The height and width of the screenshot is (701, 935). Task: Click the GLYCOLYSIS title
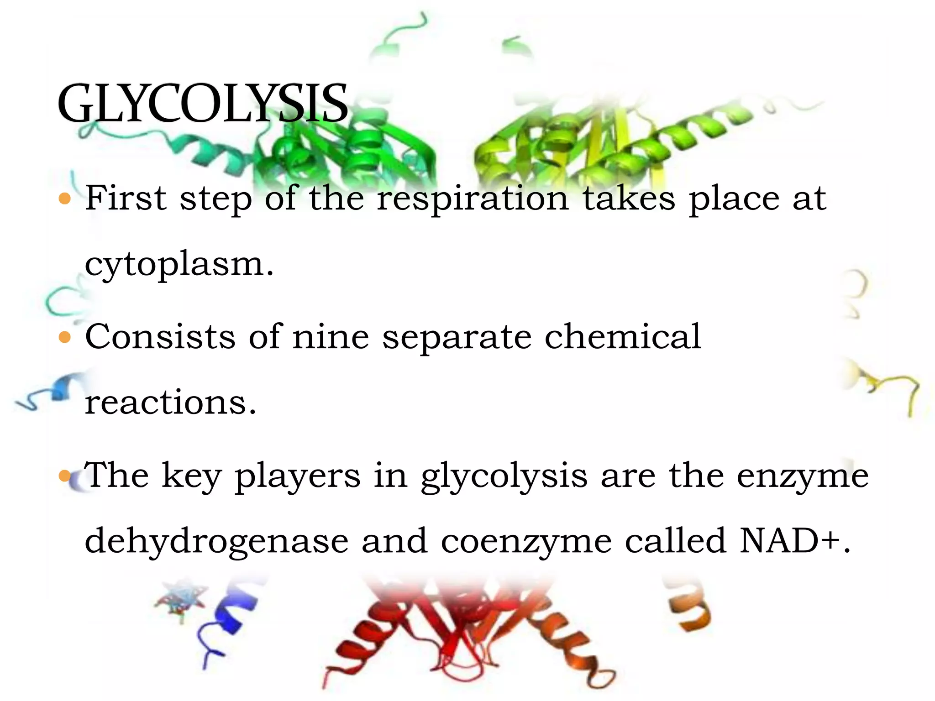(203, 104)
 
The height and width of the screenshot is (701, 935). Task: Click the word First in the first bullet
(126, 198)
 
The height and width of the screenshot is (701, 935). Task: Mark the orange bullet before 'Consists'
(65, 337)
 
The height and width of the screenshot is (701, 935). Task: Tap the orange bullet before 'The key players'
(65, 476)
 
